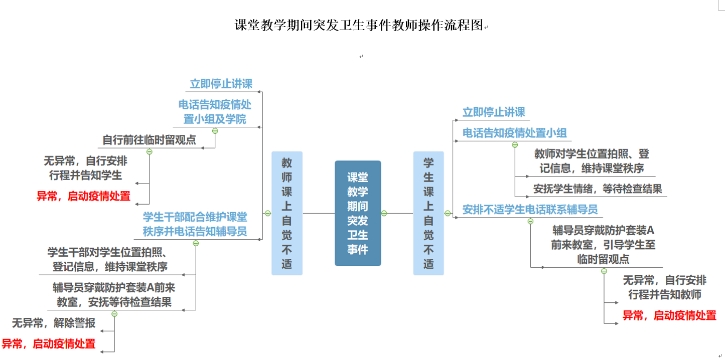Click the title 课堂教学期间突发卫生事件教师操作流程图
[x=359, y=25]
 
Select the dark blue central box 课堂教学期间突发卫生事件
[x=358, y=213]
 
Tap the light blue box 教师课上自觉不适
[x=287, y=213]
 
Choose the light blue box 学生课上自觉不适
[x=428, y=213]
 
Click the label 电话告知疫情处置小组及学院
[x=215, y=112]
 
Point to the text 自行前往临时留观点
[x=149, y=140]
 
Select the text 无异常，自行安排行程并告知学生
[x=85, y=168]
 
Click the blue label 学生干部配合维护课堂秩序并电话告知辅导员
[x=195, y=224]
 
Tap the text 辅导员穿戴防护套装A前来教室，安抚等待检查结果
[x=114, y=295]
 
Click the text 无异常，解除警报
[x=54, y=323]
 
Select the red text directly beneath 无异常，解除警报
[x=49, y=344]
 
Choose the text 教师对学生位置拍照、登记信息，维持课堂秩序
[x=592, y=161]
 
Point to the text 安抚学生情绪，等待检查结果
[x=597, y=189]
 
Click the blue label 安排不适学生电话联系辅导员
[x=530, y=209]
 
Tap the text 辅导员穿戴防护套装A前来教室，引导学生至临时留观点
[x=603, y=245]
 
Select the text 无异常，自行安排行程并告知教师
[x=664, y=287]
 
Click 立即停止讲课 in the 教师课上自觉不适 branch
[x=221, y=84]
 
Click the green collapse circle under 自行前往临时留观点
[x=149, y=151]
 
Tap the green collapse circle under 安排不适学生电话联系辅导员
[x=530, y=221]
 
